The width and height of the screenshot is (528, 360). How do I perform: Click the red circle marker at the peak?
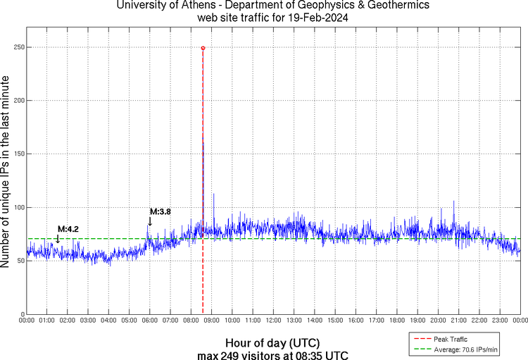pos(203,48)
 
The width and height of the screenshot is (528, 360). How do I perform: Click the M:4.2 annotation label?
pos(68,229)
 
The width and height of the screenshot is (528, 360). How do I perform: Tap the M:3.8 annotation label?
pos(161,211)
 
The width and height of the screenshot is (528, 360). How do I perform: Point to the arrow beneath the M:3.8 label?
pos(149,222)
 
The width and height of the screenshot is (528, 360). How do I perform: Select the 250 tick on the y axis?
pos(18,47)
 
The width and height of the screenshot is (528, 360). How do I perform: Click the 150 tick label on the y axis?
pos(18,154)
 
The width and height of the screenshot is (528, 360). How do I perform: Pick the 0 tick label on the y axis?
pos(23,314)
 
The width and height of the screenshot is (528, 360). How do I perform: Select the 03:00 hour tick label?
pos(88,321)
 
